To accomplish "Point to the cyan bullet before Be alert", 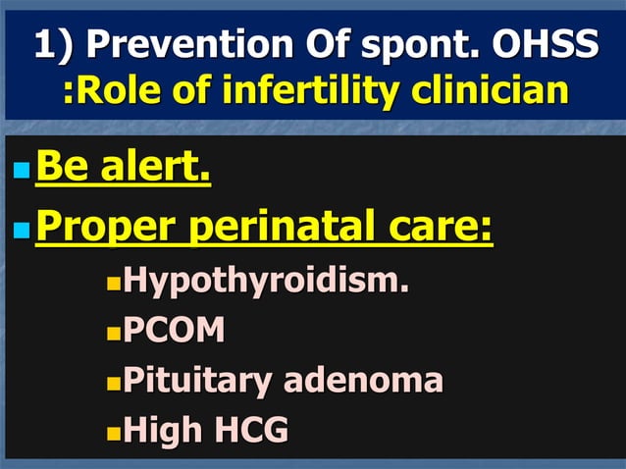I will pyautogui.click(x=22, y=172).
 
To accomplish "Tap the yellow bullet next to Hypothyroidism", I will pyautogui.click(x=113, y=285).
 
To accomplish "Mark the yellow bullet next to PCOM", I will pyautogui.click(x=113, y=333).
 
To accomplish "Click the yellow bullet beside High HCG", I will pyautogui.click(x=113, y=431).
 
